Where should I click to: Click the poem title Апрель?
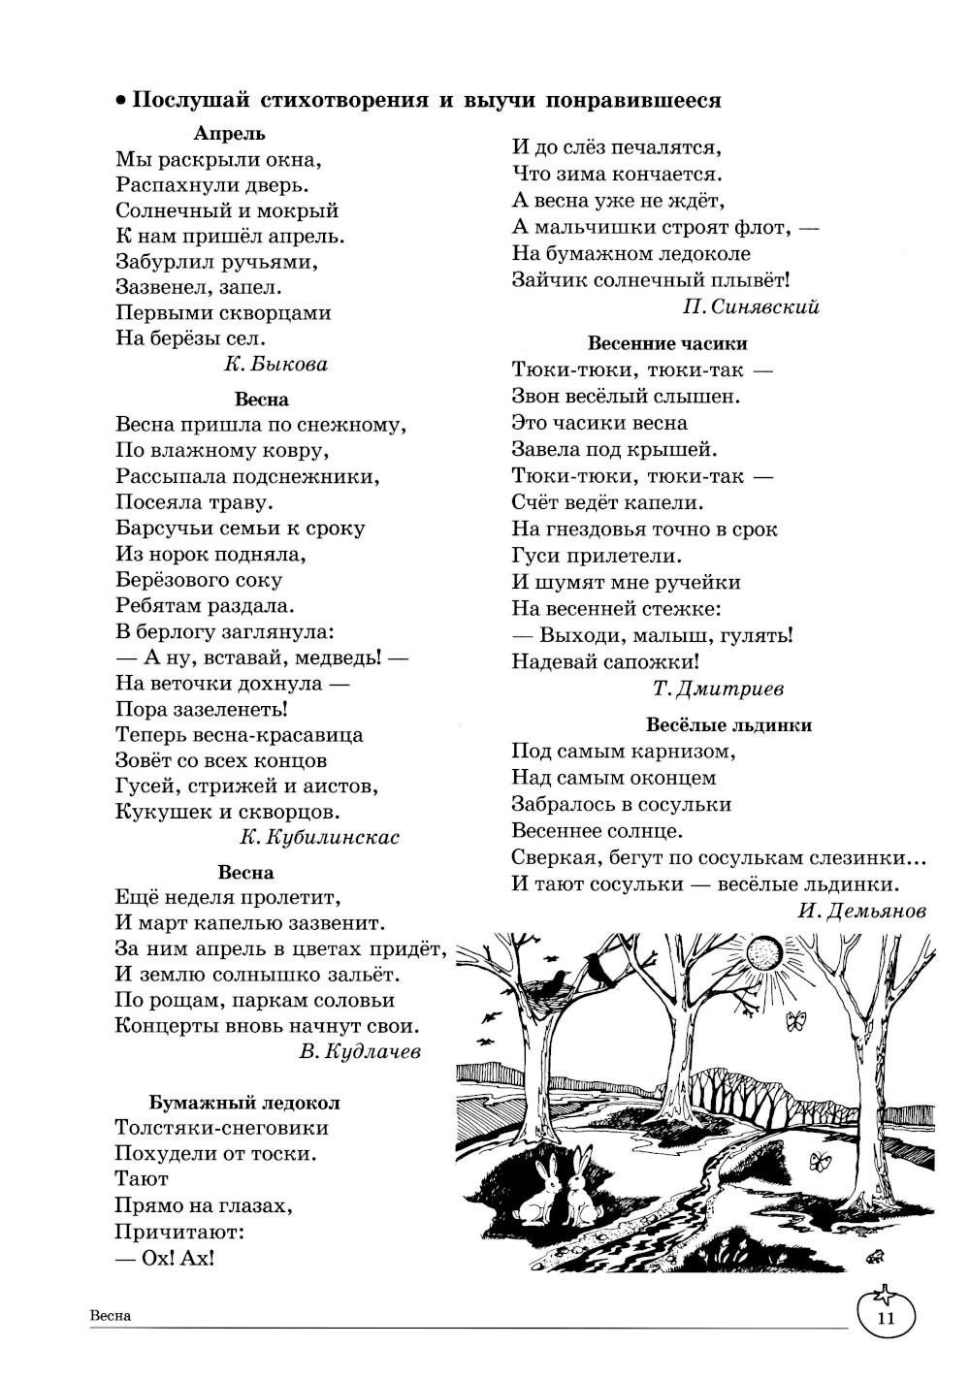click(229, 134)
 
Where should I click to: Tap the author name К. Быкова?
click(275, 365)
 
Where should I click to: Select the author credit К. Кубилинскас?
click(319, 837)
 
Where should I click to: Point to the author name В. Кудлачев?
click(361, 1052)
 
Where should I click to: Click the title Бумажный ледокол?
click(244, 1103)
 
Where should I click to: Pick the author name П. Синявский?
click(751, 306)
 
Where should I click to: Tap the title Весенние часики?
click(667, 343)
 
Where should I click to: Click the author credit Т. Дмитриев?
click(719, 689)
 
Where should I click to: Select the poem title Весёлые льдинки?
click(728, 724)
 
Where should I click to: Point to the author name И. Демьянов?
click(862, 911)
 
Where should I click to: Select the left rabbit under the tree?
click(536, 1192)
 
